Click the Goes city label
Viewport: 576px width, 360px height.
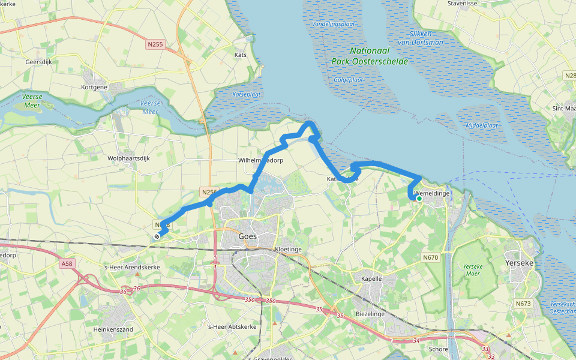[x=247, y=236]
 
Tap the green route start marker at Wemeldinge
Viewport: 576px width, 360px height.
[x=419, y=199]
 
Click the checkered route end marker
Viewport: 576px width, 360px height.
[x=157, y=237]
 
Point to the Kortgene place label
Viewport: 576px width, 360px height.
[x=94, y=87]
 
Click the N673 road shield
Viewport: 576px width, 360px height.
[x=523, y=304]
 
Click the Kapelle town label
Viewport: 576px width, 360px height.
[x=371, y=280]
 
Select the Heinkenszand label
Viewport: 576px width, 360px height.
[x=113, y=329]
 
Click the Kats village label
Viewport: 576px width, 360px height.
[x=240, y=55]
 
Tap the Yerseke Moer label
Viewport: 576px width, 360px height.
[x=469, y=269]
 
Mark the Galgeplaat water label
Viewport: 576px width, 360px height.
[x=349, y=79]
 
